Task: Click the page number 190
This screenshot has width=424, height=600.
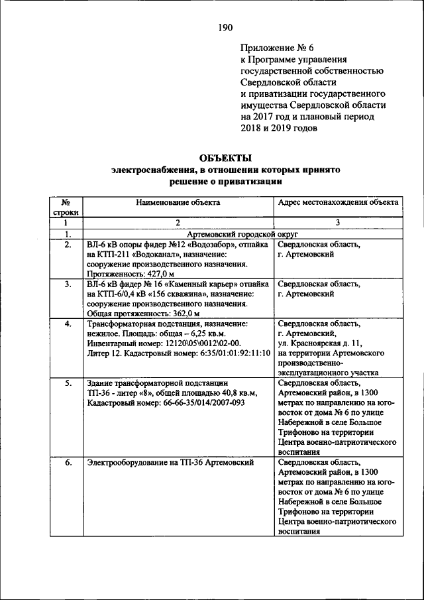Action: point(225,27)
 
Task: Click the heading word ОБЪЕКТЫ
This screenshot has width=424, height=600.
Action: point(225,158)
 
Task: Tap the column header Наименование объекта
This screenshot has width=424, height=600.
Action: point(178,203)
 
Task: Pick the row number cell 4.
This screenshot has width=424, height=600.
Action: point(67,324)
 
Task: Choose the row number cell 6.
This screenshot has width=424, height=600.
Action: point(67,462)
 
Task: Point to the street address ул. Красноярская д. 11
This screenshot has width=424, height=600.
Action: point(320,343)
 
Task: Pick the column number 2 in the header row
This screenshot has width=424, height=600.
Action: point(178,224)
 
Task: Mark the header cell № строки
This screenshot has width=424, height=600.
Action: point(67,208)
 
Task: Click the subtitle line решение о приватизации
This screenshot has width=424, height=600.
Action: point(225,181)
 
